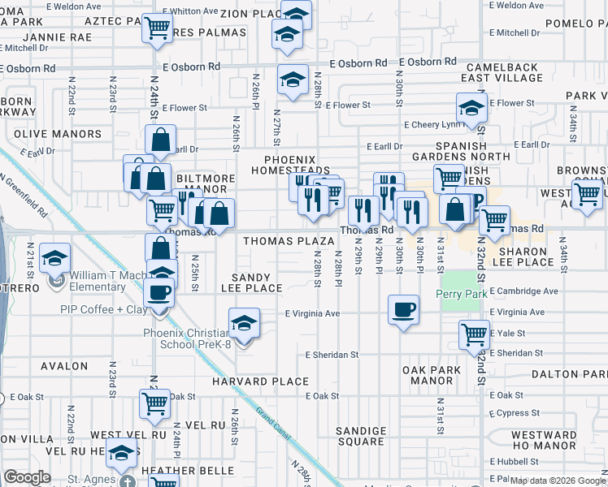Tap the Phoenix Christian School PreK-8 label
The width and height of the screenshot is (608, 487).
click(x=188, y=338)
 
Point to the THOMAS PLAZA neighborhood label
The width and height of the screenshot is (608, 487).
click(x=289, y=241)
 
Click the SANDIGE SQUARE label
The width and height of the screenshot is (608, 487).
click(x=361, y=436)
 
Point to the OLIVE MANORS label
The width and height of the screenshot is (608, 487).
click(x=57, y=134)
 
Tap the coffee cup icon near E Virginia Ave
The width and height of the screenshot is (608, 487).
click(x=403, y=308)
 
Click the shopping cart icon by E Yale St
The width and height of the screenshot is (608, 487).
click(x=474, y=334)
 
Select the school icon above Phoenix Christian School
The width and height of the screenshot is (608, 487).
click(x=244, y=323)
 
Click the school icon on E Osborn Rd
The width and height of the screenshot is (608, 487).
click(x=293, y=80)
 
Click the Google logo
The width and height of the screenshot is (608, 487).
click(x=28, y=477)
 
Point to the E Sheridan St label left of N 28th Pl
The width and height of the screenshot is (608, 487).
click(x=332, y=355)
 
